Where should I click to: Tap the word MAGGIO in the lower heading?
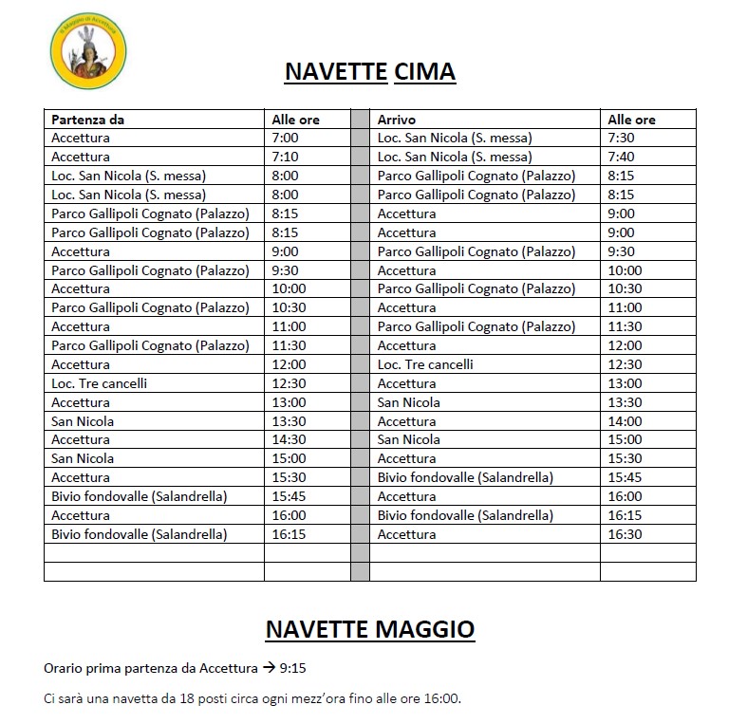425,629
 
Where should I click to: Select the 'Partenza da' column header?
88,120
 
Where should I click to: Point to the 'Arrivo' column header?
397,120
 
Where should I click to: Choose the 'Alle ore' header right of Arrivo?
631,120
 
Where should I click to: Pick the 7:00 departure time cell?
285,139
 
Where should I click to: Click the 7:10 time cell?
285,157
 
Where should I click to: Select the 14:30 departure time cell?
289,439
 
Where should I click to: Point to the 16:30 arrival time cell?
625,534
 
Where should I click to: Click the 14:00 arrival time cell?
625,421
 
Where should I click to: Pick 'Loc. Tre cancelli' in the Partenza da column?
100,383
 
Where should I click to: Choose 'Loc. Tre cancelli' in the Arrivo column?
425,364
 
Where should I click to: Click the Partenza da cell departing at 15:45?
139,496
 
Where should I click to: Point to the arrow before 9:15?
269,668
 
